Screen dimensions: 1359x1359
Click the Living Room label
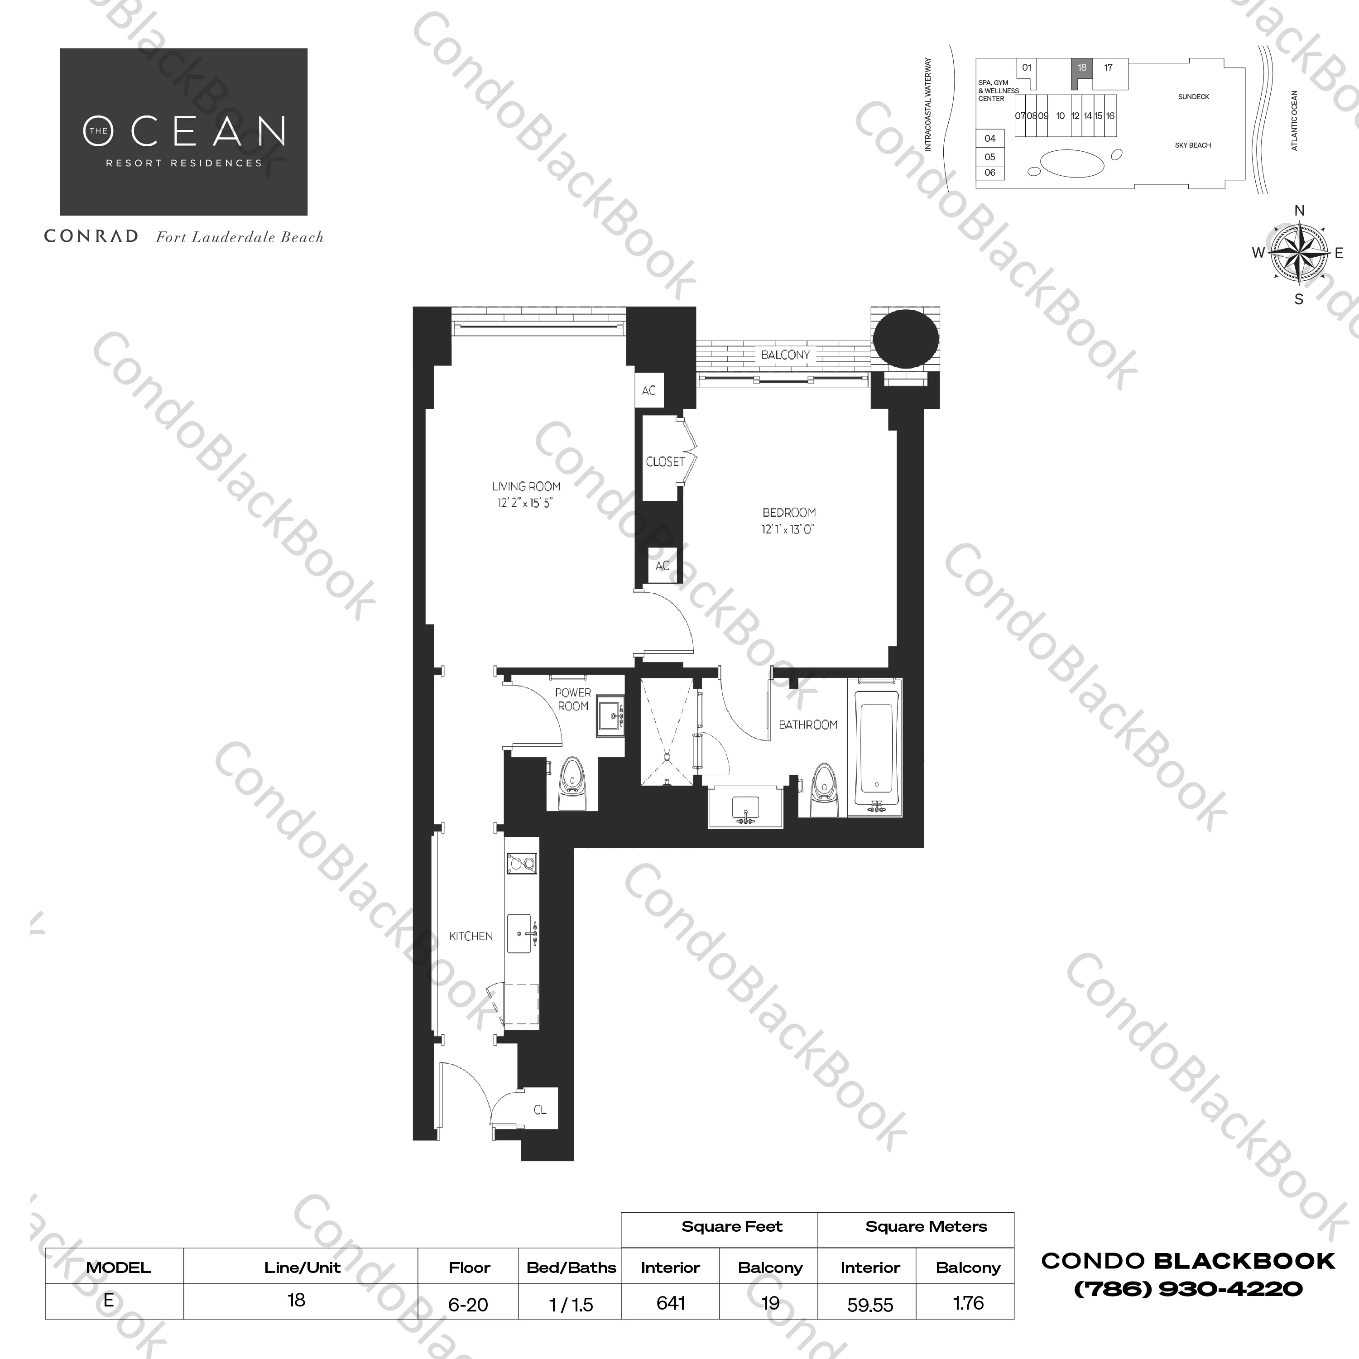[x=526, y=486]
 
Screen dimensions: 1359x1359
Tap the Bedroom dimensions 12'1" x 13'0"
[x=788, y=530]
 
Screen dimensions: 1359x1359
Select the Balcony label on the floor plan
[x=785, y=355]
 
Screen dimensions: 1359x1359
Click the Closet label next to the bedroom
[x=665, y=461]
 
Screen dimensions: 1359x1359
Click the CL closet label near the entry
[x=539, y=1110]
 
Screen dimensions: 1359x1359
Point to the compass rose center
[x=1298, y=253]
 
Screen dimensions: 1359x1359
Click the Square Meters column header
[x=926, y=1227]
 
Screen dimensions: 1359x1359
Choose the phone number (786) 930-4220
[x=1188, y=1289]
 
